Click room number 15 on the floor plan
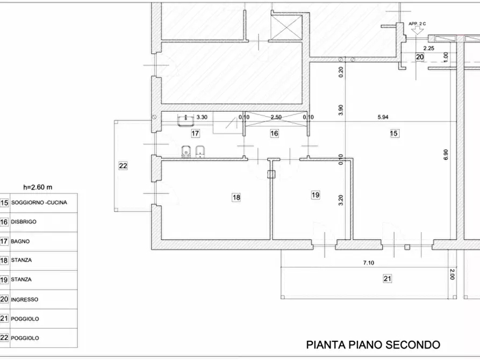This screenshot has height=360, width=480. point(394,133)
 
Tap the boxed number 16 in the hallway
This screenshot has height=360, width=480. point(274,133)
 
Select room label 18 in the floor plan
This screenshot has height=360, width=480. point(236,198)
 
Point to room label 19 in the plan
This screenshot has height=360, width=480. point(316,195)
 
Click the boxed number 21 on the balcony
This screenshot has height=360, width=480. point(387,278)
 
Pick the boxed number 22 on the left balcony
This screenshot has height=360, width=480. point(123,166)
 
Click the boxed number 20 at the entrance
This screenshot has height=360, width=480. point(420,56)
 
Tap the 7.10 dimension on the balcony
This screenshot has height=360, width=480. point(368,263)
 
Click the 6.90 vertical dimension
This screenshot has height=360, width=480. point(446,156)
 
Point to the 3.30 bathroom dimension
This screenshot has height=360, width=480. point(202,117)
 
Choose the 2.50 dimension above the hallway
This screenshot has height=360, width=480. point(276,117)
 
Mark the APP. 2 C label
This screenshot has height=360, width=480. point(417,24)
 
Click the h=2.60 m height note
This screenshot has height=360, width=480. point(38,188)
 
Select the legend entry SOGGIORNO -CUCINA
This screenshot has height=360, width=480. point(42,203)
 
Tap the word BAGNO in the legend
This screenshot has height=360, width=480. point(20,241)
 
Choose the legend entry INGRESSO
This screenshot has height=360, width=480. point(24,299)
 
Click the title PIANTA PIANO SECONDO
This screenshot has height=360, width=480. point(373,344)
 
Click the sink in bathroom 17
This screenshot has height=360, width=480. point(186,117)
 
